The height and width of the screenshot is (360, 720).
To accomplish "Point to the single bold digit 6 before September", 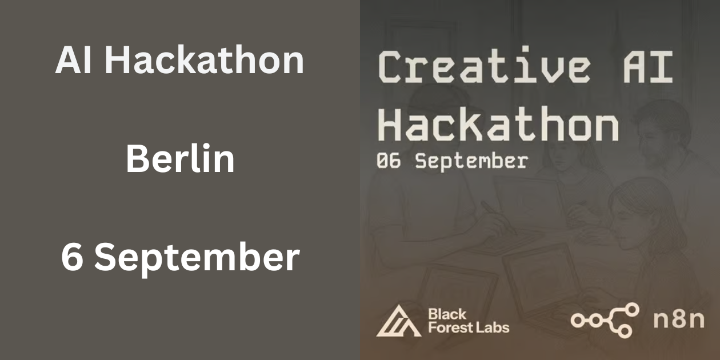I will pyautogui.click(x=72, y=257).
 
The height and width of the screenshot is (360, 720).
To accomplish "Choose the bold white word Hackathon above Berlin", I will pyautogui.click(x=204, y=60).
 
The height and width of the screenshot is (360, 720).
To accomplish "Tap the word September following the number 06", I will pyautogui.click(x=471, y=162).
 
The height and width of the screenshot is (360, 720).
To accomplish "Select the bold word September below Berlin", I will pyautogui.click(x=197, y=258).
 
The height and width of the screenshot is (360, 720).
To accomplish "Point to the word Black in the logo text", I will pyautogui.click(x=447, y=314).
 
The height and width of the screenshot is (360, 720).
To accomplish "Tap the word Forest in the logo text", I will pyautogui.click(x=448, y=327).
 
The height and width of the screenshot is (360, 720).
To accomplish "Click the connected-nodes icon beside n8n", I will pyautogui.click(x=605, y=320).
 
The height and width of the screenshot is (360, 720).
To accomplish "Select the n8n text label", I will pyautogui.click(x=678, y=320).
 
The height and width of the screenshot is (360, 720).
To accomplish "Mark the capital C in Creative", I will pyautogui.click(x=391, y=66).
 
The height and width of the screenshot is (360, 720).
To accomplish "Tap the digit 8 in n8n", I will pyautogui.click(x=678, y=320).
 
